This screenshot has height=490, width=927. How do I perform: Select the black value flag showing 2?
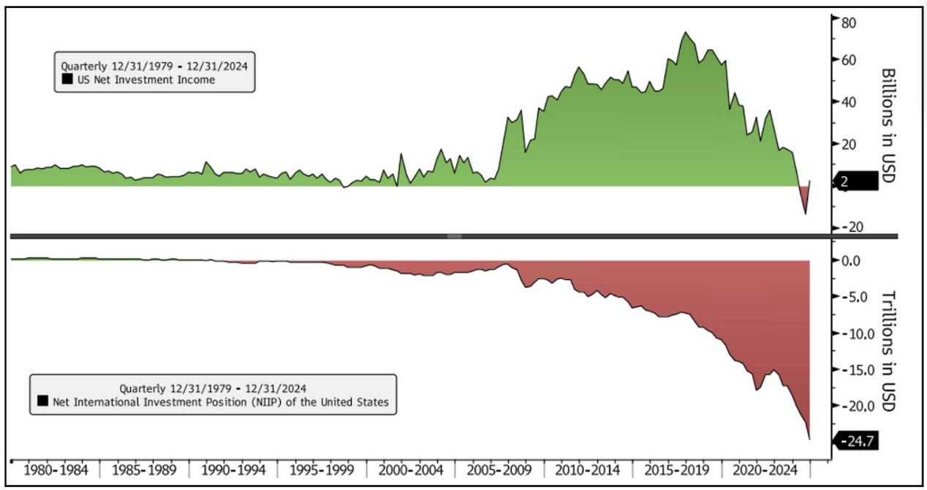[859, 182]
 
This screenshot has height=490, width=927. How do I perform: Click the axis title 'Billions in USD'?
[888, 125]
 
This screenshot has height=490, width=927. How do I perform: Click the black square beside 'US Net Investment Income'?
[67, 80]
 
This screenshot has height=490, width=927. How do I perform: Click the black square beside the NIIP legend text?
[43, 401]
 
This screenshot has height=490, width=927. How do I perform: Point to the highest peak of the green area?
[685, 32]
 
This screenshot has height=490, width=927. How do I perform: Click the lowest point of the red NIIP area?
[809, 439]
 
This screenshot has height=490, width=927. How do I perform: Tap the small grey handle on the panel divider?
[454, 236]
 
